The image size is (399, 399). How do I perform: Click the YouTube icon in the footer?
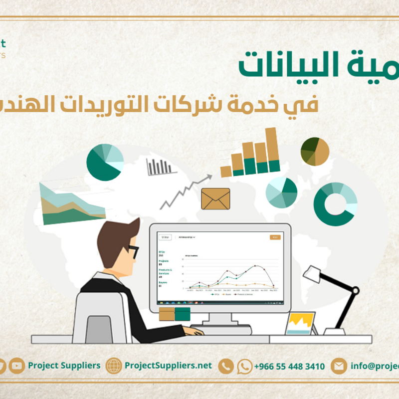(16, 366)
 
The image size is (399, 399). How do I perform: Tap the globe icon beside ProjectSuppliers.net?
(114, 366)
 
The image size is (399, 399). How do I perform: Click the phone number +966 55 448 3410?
(289, 367)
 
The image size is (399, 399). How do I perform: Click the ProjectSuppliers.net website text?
(168, 366)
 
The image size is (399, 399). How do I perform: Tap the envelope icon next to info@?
(339, 366)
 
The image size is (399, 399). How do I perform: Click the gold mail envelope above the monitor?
(215, 199)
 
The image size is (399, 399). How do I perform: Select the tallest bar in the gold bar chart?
(272, 149)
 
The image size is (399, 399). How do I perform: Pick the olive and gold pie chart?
(315, 152)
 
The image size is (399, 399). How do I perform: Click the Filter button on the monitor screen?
(165, 237)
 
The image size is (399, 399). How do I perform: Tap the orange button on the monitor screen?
(275, 237)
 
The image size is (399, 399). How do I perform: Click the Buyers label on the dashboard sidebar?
(163, 282)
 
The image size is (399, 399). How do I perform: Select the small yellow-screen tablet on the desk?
(301, 324)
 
